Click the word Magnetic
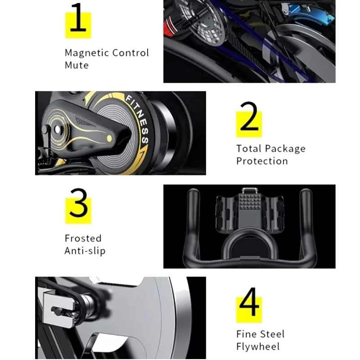tap(86, 53)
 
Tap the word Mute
tap(76, 65)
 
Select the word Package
tap(285, 149)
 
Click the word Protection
tap(262, 161)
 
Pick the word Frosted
tap(83, 238)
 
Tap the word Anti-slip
tap(85, 251)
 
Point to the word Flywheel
tap(258, 346)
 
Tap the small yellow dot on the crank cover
tap(109, 139)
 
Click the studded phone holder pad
tap(250, 201)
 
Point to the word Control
tap(130, 53)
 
